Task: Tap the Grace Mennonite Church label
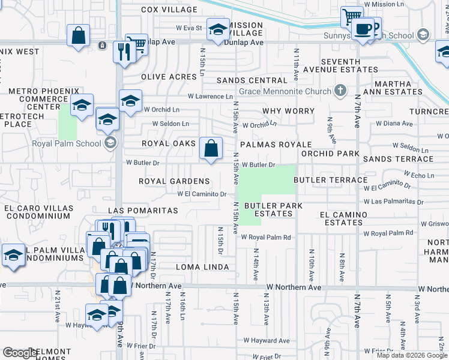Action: point(285,92)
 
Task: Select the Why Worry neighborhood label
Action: point(288,111)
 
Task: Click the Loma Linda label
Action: point(202,266)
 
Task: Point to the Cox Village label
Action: point(169,10)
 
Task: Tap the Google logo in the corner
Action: point(20,353)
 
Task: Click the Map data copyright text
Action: point(412,355)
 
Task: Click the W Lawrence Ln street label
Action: point(210,96)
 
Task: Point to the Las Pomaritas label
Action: point(143,211)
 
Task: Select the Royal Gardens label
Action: point(174,181)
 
